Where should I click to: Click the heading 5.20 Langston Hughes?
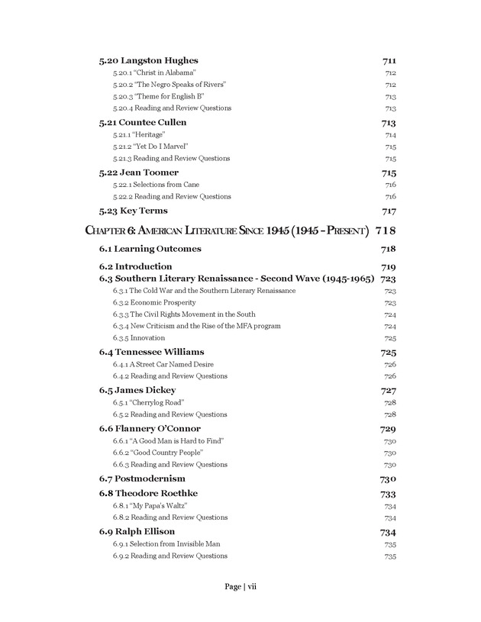coord(148,60)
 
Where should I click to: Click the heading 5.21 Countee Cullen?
coord(143,122)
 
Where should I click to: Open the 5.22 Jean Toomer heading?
coord(138,172)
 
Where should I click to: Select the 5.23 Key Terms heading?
coord(134,211)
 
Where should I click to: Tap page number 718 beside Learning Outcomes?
coord(387,249)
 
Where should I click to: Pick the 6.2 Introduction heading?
coord(136,266)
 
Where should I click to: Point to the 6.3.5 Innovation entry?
coord(138,338)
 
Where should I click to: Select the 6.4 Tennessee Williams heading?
coord(152,352)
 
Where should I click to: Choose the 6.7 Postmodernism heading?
coord(142,479)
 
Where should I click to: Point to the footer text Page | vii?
coord(240,587)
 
